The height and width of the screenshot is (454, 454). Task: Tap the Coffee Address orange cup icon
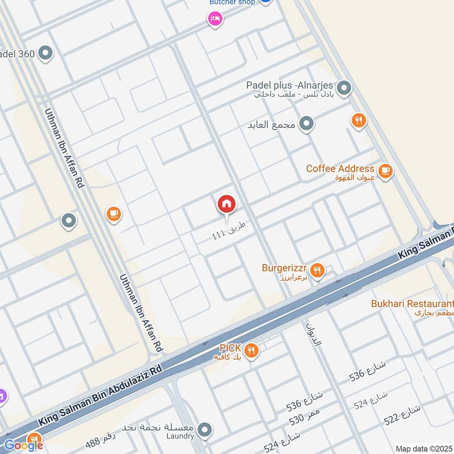[385, 171]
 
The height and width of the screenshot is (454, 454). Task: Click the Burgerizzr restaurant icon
[317, 271]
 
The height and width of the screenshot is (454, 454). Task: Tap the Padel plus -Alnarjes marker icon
[343, 89]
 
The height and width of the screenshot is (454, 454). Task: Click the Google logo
[24, 445]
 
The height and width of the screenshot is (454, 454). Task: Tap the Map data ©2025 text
[423, 448]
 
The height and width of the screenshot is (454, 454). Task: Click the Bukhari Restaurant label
[412, 304]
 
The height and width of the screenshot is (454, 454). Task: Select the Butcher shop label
[232, 2]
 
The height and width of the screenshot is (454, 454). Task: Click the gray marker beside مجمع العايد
[306, 124]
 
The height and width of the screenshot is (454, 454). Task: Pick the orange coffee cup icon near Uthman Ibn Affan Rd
[113, 214]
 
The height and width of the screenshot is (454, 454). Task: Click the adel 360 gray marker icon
[45, 54]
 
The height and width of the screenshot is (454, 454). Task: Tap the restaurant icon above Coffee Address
[358, 120]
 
